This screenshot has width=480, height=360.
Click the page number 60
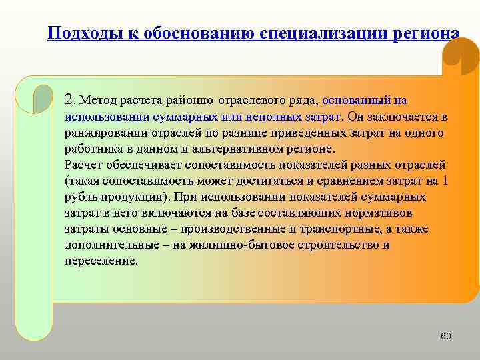coord(445,336)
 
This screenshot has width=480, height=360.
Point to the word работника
coord(91,149)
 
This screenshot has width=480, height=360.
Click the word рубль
coord(80,197)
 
